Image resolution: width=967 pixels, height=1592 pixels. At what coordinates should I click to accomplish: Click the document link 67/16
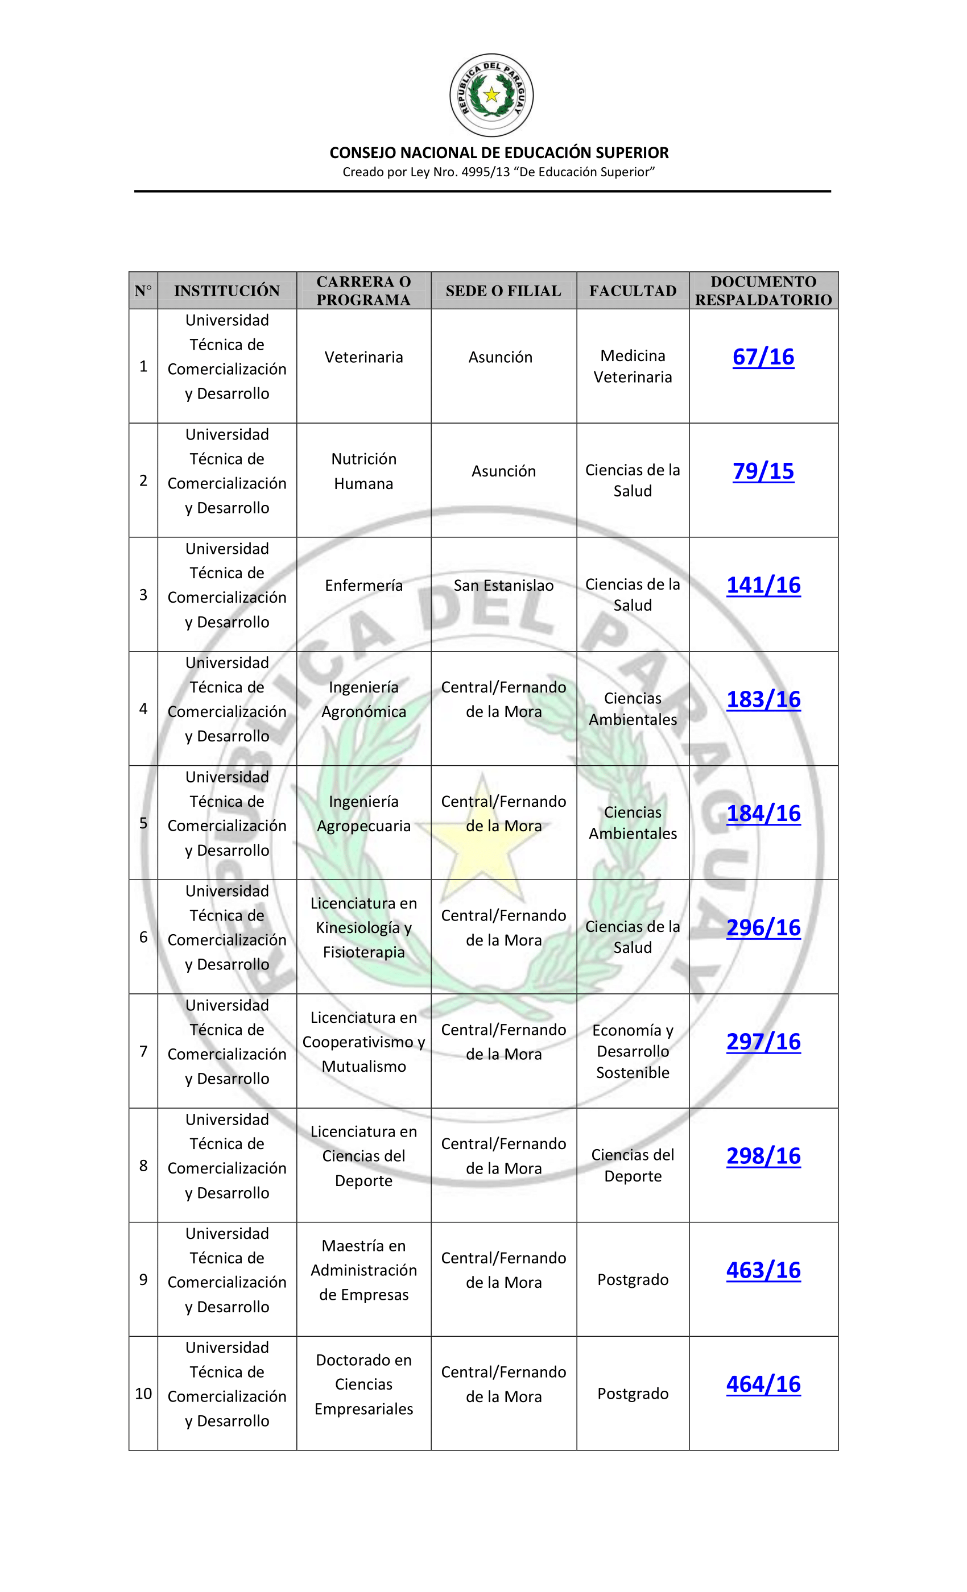[x=763, y=356]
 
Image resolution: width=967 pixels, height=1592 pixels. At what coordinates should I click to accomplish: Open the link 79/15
[x=763, y=471]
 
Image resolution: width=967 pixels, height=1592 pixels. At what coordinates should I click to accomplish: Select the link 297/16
[x=763, y=1042]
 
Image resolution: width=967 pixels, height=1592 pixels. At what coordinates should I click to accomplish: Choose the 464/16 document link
[x=763, y=1384]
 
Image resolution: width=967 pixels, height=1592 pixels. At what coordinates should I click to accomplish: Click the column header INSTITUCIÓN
[x=227, y=291]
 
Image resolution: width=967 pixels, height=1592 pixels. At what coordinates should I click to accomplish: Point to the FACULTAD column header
[x=632, y=291]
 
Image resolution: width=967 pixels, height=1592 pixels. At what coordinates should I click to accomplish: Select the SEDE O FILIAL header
[x=503, y=291]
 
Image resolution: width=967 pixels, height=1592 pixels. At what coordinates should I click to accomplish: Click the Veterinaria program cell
[x=363, y=357]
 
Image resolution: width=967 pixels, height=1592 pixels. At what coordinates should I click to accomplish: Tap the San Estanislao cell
[x=503, y=586]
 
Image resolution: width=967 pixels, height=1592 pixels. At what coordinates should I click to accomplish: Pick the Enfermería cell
[x=363, y=586]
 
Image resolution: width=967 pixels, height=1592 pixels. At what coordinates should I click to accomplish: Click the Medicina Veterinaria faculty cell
[x=632, y=366]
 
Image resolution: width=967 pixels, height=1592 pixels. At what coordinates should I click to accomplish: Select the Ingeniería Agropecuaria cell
[x=363, y=814]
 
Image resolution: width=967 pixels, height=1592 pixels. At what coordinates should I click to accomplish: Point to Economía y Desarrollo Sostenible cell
[x=632, y=1051]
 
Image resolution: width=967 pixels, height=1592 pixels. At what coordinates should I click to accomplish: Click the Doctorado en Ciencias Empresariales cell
[x=363, y=1384]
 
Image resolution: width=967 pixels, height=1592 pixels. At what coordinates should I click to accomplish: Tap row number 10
[x=143, y=1394]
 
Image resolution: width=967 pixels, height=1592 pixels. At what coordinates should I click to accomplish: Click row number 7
[x=143, y=1051]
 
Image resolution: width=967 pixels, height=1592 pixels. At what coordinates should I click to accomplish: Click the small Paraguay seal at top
[x=491, y=95]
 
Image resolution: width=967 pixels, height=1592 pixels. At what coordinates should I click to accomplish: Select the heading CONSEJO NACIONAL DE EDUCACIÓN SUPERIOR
[x=498, y=152]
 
